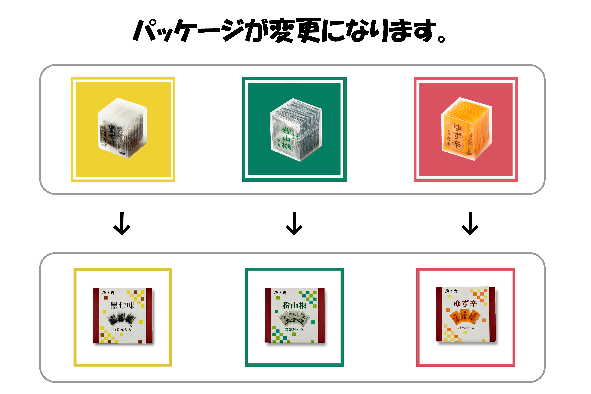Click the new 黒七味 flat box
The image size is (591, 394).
123,316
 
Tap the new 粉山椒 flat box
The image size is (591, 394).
294,316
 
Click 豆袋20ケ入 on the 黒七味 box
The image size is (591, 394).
122,330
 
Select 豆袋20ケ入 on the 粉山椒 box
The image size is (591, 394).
294,329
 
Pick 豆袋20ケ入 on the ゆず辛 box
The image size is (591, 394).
465,328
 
